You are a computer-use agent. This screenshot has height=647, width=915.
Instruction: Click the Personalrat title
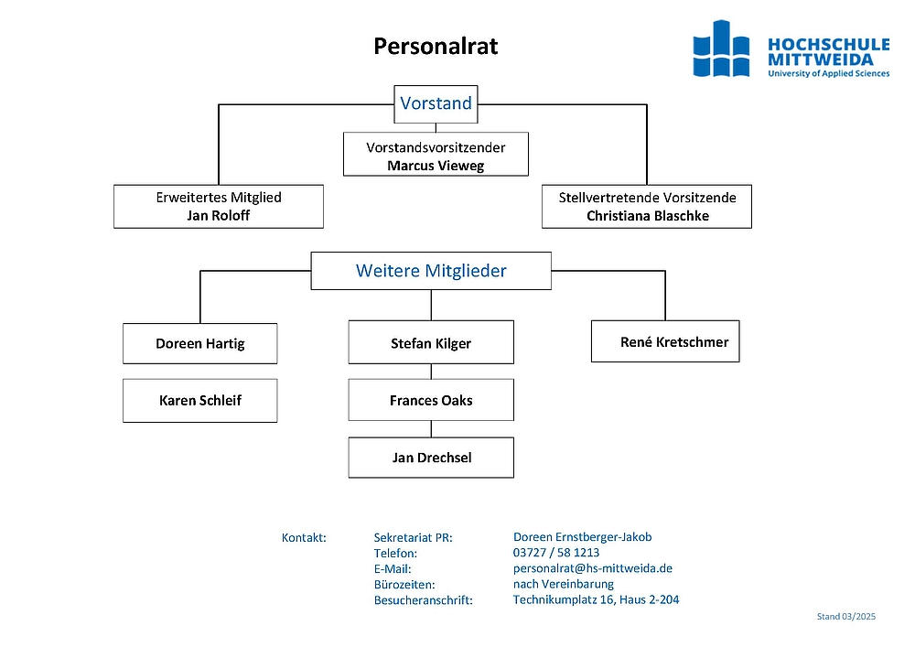(436, 46)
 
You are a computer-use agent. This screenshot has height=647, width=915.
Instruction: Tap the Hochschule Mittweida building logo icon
(721, 49)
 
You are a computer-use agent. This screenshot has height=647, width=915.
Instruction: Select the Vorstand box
(436, 103)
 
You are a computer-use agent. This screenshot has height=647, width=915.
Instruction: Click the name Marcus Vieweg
(436, 166)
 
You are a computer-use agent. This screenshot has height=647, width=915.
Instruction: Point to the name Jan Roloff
(219, 216)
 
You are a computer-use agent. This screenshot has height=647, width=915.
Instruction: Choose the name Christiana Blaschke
(648, 216)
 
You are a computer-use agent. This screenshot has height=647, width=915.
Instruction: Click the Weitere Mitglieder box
(431, 271)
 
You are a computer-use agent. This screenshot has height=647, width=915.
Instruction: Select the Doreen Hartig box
(200, 343)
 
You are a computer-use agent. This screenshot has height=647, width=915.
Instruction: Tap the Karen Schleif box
(200, 401)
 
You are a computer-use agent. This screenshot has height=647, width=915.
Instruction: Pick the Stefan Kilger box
(431, 342)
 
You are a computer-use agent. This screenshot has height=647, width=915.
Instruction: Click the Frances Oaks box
(431, 400)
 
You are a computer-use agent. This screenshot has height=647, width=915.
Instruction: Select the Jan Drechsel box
(431, 458)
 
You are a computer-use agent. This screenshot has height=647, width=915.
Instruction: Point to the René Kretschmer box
(665, 341)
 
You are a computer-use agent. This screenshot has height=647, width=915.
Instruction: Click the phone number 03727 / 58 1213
(556, 553)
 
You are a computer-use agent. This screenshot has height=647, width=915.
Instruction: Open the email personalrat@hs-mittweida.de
(593, 568)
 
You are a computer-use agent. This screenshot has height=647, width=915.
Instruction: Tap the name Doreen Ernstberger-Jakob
(582, 537)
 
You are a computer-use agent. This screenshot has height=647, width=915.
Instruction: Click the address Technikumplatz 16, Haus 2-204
(596, 599)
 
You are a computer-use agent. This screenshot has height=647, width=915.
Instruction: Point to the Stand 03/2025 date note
(846, 616)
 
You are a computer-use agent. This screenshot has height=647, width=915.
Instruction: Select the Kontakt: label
(304, 537)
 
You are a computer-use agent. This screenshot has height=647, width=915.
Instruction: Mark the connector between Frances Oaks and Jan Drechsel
(431, 429)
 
